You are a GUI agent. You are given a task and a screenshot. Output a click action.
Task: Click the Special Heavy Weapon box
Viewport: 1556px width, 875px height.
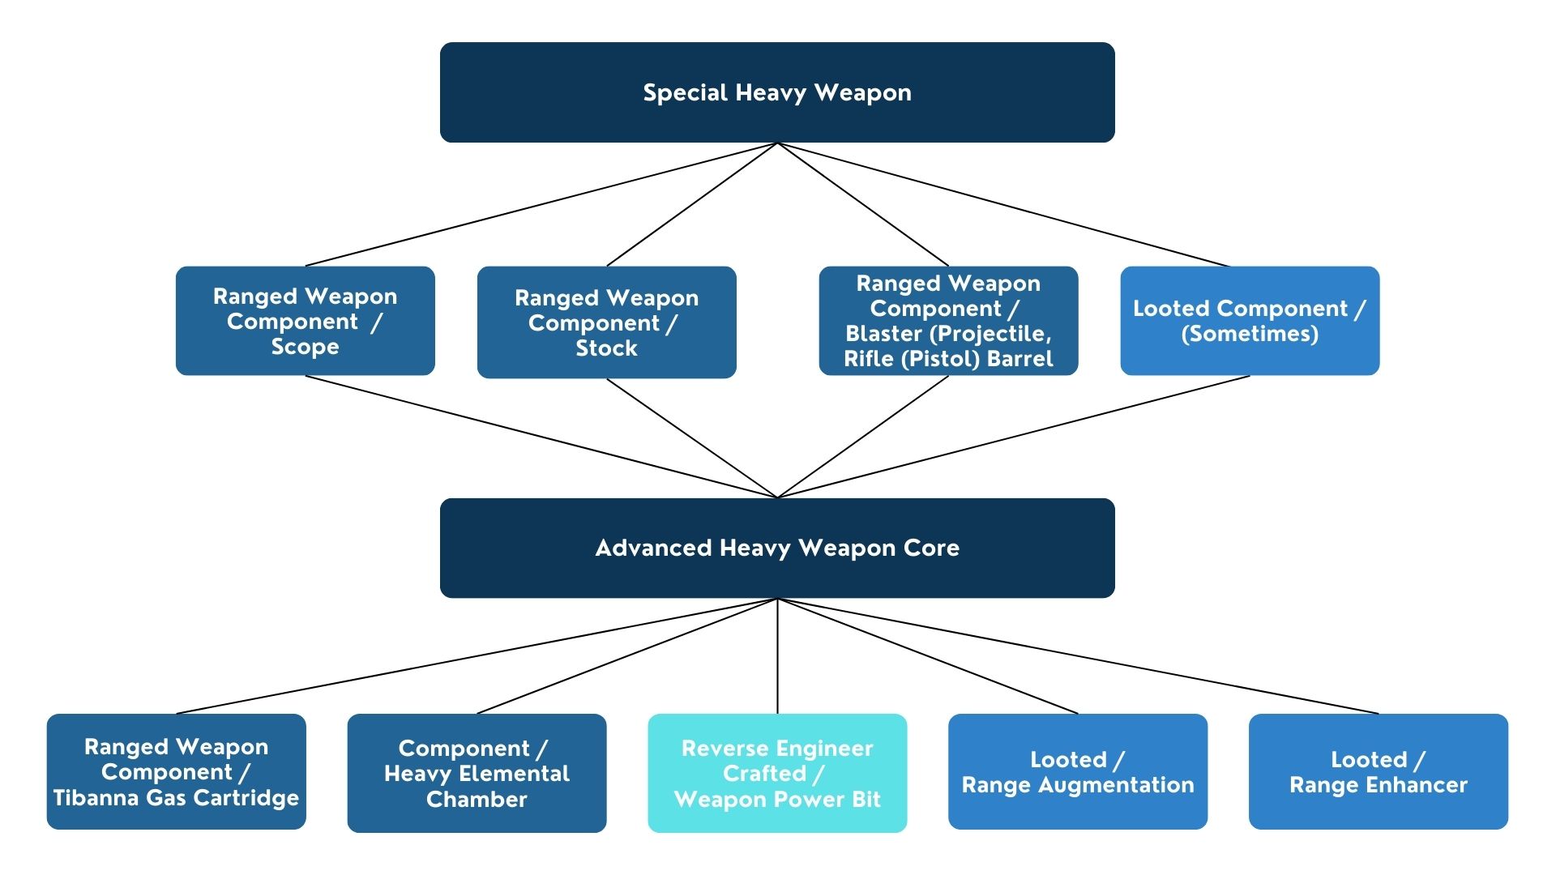[x=777, y=92]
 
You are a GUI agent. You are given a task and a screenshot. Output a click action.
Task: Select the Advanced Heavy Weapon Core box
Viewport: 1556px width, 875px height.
[x=777, y=548]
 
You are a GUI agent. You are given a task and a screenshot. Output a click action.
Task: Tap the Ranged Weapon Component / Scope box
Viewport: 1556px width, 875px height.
[x=306, y=321]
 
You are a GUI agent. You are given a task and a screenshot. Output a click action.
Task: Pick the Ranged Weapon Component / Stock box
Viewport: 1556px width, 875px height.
[x=607, y=322]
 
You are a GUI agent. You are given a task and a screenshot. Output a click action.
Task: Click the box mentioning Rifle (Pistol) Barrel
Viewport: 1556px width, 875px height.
[x=948, y=321]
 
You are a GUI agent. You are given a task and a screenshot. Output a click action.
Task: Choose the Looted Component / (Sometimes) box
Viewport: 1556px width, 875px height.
[x=1250, y=321]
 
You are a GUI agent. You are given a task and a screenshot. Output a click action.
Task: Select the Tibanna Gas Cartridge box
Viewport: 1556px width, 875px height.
[x=177, y=771]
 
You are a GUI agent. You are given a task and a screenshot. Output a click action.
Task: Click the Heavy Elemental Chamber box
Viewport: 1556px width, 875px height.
[x=477, y=773]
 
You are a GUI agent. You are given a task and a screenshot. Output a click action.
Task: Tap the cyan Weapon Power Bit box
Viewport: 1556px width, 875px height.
[x=777, y=773]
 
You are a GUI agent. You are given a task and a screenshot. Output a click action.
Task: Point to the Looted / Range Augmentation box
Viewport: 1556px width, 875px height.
[x=1078, y=771]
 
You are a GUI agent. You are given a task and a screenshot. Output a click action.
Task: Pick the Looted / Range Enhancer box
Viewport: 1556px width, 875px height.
[x=1379, y=771]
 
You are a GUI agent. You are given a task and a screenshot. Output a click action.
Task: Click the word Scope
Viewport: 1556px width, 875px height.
[x=306, y=348]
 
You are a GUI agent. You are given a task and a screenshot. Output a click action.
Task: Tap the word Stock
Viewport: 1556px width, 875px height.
[x=607, y=348]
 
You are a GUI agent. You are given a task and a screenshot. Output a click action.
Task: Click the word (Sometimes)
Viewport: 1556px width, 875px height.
[x=1250, y=334]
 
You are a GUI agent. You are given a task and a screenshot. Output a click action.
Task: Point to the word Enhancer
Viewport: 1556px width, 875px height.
[x=1419, y=785]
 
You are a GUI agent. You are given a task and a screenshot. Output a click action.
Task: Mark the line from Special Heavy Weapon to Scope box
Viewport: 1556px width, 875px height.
[x=541, y=204]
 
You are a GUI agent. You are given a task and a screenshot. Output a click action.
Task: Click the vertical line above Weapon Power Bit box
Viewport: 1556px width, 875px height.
[x=777, y=656]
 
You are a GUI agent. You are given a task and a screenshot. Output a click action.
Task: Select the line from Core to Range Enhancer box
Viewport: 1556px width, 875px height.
[x=1078, y=656]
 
